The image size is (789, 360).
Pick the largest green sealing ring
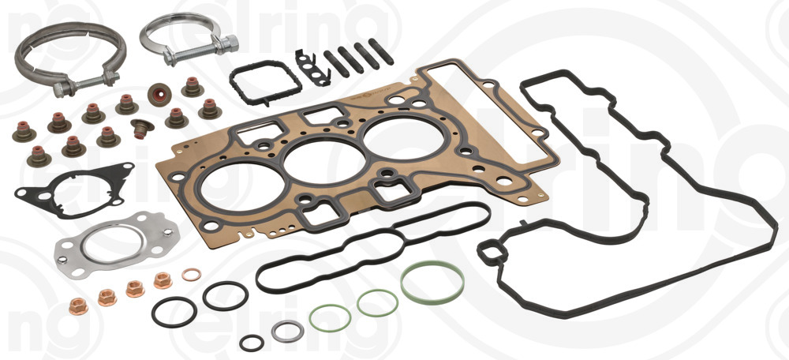point(432,282)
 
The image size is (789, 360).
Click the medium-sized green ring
point(377,302)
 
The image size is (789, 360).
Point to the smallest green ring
point(329,317)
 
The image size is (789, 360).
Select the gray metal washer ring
point(287,331)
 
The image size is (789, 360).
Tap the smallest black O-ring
point(252,343)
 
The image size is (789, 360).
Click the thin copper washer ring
point(191,275)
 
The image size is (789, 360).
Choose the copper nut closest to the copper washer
point(163,280)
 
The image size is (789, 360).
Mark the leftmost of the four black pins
point(328,63)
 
